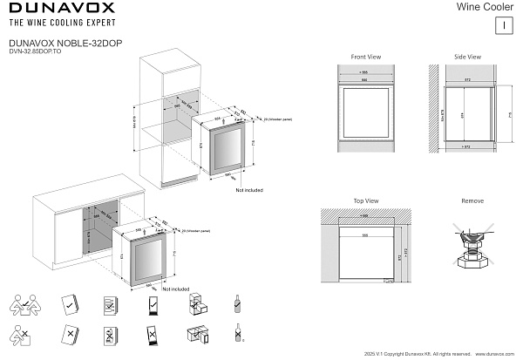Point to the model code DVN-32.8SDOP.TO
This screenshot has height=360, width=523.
click(34, 51)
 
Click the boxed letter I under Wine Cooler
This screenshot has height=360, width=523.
click(504, 24)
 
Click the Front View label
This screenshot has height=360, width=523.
click(366, 57)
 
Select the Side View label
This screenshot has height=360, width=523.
click(467, 57)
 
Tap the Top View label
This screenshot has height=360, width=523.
click(365, 201)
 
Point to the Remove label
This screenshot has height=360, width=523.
click(472, 201)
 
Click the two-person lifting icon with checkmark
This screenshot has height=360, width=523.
click(24, 305)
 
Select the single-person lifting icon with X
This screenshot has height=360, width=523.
click(23, 335)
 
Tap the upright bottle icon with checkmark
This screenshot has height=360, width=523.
click(236, 305)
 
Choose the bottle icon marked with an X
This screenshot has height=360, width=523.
click(236, 334)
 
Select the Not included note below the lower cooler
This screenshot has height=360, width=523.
click(175, 289)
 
